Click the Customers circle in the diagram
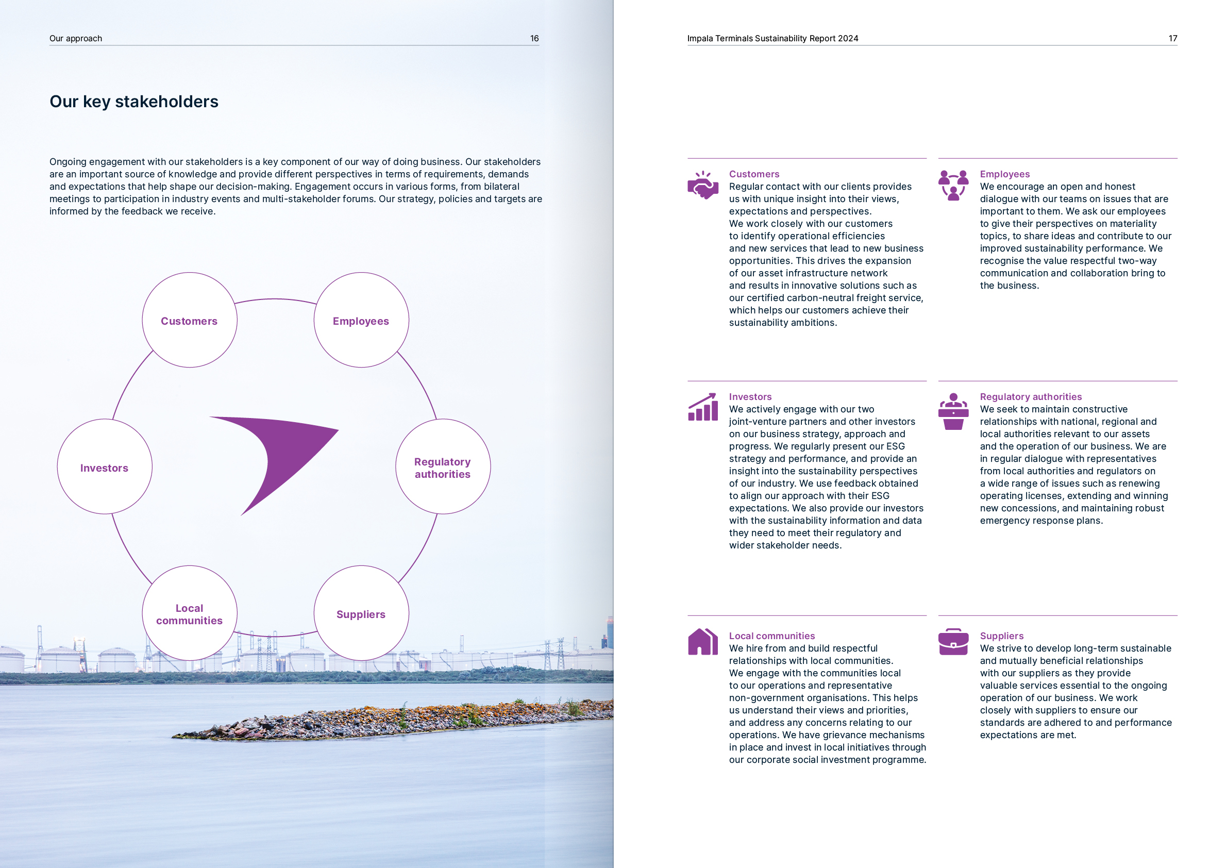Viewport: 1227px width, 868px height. coord(189,320)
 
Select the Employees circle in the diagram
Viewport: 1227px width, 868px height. coord(361,320)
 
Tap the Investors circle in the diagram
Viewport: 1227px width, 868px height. coord(104,466)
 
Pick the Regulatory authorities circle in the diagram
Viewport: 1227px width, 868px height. coord(443,466)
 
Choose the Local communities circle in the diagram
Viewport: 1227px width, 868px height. coord(189,613)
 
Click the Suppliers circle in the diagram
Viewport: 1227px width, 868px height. coord(361,613)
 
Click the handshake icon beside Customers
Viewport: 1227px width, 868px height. coord(702,185)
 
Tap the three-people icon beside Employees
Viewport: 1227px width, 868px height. coord(953,185)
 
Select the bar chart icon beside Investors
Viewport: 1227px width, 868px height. coord(702,407)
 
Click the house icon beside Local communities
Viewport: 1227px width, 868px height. coord(702,641)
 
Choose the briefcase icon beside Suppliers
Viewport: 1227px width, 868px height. coord(953,641)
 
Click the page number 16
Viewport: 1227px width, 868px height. coord(534,39)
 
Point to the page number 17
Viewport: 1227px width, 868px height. coord(1172,39)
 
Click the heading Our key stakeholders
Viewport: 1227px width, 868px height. coord(133,102)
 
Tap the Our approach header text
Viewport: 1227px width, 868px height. coord(75,39)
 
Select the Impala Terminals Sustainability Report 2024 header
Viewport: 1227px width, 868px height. coord(772,39)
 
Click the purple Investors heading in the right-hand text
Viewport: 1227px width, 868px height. coord(750,396)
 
